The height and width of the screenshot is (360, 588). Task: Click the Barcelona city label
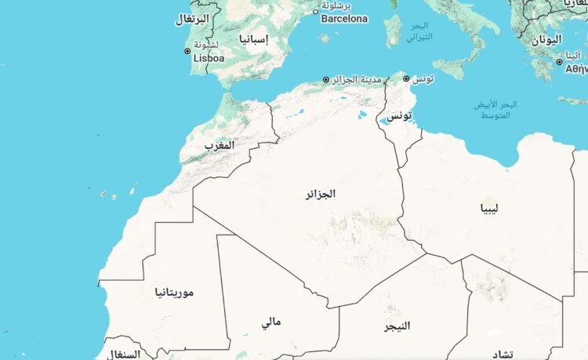[x=345, y=18]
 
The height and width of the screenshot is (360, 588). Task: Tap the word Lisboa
[x=209, y=58]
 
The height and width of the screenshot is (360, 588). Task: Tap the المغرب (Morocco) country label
[x=219, y=146]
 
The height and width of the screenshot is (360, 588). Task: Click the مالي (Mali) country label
[x=271, y=322]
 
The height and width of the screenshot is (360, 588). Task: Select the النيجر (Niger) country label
[x=397, y=325]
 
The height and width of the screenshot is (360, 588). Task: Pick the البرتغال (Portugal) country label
[x=191, y=19]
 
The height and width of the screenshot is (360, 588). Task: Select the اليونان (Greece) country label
[x=546, y=39]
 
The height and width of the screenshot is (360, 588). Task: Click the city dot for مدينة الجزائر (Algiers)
[x=326, y=79]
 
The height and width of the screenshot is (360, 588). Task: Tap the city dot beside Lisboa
[x=187, y=52]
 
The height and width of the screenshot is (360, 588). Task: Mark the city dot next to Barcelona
[x=316, y=12]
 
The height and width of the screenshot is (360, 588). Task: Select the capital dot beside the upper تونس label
[x=405, y=78]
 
